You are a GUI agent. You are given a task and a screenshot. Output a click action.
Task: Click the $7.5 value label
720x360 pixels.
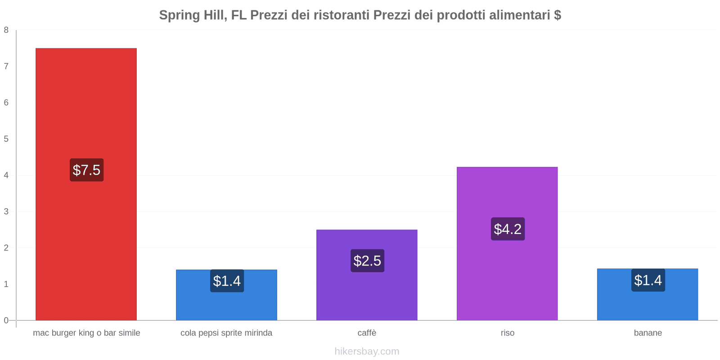pyautogui.click(x=86, y=170)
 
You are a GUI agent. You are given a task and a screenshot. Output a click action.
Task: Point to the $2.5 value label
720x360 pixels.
pyautogui.click(x=367, y=261)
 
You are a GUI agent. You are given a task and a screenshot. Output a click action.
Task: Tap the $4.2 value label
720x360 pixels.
pyautogui.click(x=508, y=229)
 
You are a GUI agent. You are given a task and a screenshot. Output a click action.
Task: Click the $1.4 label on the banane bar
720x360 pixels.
pyautogui.click(x=648, y=280)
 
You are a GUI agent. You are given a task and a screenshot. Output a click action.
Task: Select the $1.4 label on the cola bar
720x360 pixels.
pyautogui.click(x=227, y=281)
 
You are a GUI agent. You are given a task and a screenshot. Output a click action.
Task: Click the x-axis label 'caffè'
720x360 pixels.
pyautogui.click(x=367, y=333)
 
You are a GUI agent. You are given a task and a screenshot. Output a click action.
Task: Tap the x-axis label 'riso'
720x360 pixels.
pyautogui.click(x=507, y=333)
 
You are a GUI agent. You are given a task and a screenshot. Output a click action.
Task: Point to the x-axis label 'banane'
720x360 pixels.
pyautogui.click(x=648, y=333)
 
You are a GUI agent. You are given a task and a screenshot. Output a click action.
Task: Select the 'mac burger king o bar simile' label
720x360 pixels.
pyautogui.click(x=86, y=333)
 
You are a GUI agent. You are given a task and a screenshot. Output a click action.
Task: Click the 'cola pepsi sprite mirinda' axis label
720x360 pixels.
pyautogui.click(x=226, y=333)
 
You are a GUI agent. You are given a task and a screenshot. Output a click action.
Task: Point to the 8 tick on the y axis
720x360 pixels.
pyautogui.click(x=6, y=30)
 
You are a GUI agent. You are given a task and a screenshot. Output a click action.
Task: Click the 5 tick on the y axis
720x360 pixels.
pyautogui.click(x=6, y=139)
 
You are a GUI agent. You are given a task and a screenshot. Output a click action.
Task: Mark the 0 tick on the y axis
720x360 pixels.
pyautogui.click(x=6, y=320)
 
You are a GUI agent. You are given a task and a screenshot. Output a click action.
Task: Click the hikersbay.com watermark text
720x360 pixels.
pyautogui.click(x=367, y=351)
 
